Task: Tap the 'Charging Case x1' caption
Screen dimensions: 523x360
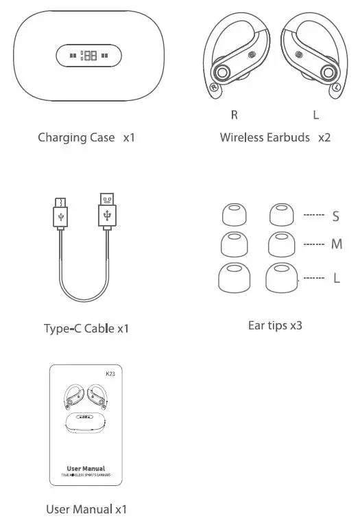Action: (86, 137)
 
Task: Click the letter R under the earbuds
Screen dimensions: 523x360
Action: (235, 115)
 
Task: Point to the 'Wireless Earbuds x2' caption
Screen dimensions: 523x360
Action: (275, 137)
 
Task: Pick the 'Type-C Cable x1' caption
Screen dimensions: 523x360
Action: (86, 329)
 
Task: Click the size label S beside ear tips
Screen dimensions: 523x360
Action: (335, 216)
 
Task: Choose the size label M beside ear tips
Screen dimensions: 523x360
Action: (335, 244)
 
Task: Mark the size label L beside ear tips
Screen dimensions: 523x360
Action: (336, 279)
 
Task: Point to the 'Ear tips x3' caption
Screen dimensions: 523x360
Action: (275, 325)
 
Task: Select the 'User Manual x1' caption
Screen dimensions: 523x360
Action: (86, 509)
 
